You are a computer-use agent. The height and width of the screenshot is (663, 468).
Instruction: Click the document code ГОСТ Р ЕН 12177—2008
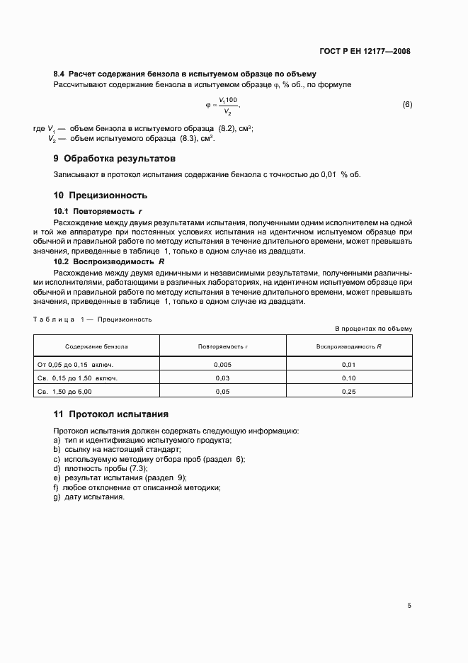tap(365, 51)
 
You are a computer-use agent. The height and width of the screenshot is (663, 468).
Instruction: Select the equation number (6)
tap(407, 105)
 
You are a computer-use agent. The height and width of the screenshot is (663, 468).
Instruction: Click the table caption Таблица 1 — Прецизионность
tap(93, 319)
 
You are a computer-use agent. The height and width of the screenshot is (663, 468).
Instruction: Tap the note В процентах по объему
tap(373, 329)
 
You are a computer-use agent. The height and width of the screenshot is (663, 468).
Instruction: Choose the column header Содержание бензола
tap(96, 346)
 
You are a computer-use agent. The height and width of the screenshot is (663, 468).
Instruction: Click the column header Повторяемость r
tap(222, 346)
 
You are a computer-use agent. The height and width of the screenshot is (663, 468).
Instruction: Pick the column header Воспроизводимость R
tap(348, 346)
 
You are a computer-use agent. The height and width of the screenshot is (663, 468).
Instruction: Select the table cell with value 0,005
tap(222, 364)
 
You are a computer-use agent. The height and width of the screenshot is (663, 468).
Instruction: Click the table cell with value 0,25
tap(348, 391)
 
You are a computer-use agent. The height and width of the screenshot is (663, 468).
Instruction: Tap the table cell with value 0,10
tap(348, 378)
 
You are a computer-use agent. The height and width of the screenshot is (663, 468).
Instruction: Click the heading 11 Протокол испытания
tap(110, 414)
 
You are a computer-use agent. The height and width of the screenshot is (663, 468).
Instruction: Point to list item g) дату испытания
tap(89, 497)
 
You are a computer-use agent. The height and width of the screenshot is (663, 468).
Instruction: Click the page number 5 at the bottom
tap(409, 606)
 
